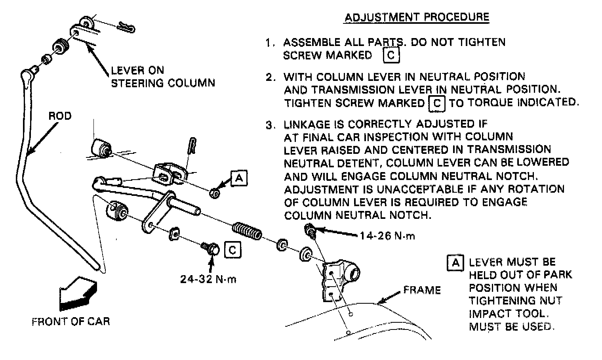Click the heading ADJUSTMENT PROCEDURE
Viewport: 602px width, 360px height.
click(417, 17)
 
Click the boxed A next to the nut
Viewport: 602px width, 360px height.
click(239, 178)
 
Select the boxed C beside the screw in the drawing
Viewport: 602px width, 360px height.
click(232, 250)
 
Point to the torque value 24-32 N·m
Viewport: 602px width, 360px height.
click(208, 279)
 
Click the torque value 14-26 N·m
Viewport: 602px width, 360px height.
click(387, 236)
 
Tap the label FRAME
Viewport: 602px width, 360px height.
click(422, 290)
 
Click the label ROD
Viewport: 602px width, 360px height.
click(60, 116)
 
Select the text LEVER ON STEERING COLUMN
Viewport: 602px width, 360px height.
click(163, 77)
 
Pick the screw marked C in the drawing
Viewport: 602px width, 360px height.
click(211, 249)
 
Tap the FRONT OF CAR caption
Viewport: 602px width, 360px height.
click(70, 321)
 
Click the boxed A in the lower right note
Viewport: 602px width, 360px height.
click(455, 262)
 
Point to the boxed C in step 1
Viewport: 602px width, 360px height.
click(391, 55)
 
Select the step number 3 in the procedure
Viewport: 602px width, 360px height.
click(270, 125)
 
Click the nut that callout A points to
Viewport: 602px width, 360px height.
click(214, 193)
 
